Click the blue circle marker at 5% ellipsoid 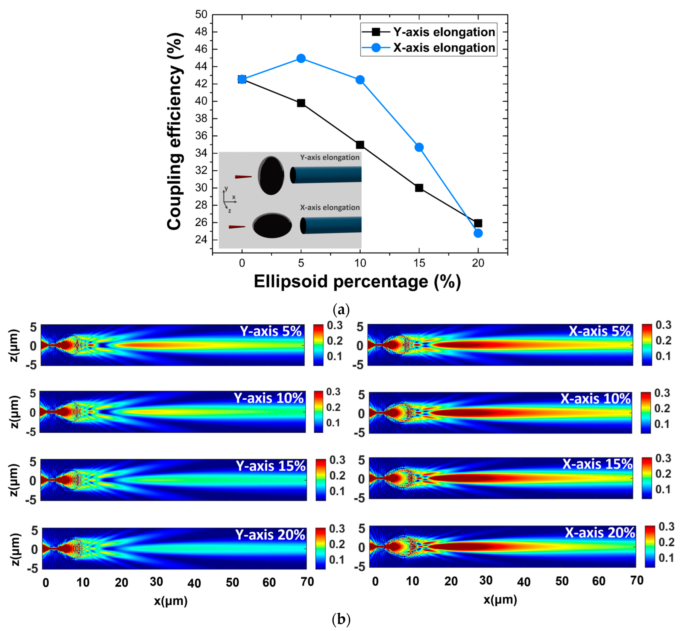tap(301, 58)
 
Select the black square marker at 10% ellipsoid tap(360, 145)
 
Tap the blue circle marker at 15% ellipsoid tap(419, 147)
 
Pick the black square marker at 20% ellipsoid tap(478, 223)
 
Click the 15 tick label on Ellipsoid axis tap(419, 263)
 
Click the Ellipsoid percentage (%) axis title tap(357, 282)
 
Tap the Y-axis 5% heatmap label tap(271, 331)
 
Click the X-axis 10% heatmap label tap(595, 399)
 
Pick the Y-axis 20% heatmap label tap(270, 535)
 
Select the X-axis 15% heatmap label tap(597, 464)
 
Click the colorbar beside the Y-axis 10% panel tap(318, 412)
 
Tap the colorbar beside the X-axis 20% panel tap(650, 546)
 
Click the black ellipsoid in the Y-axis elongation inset tap(271, 176)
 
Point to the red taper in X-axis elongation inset tap(236, 227)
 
